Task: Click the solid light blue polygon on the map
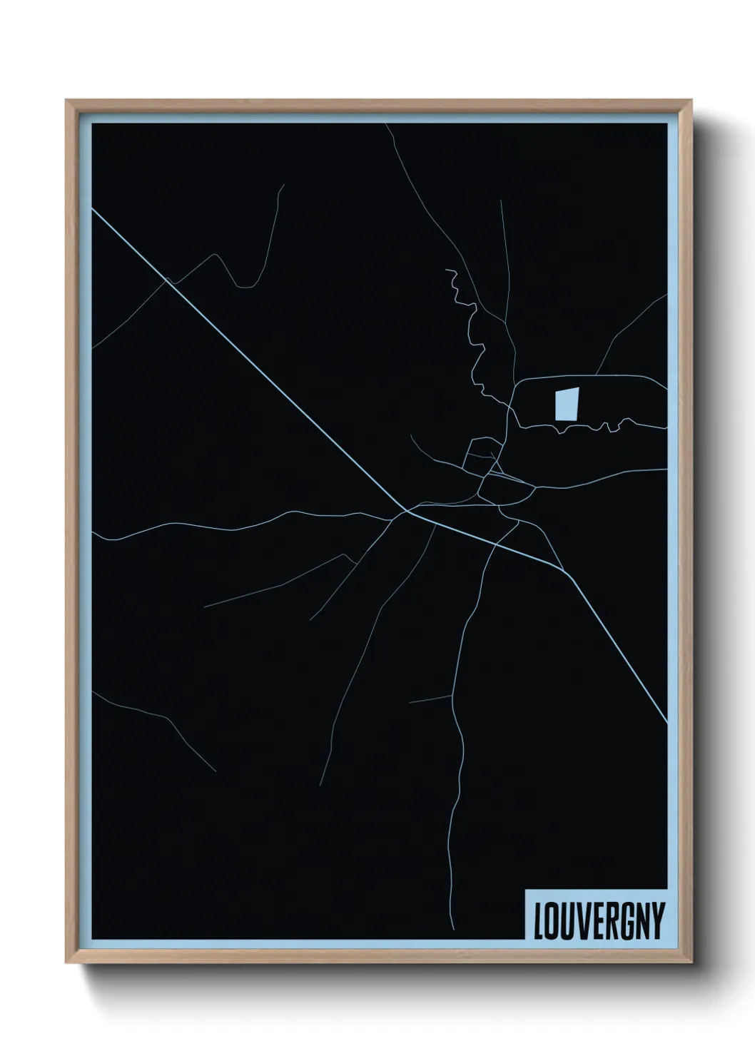click(x=566, y=404)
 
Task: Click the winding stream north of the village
click(x=472, y=335)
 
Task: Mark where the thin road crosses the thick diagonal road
click(x=166, y=280)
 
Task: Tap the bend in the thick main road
click(x=407, y=510)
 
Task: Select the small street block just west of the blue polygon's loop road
click(x=479, y=455)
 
